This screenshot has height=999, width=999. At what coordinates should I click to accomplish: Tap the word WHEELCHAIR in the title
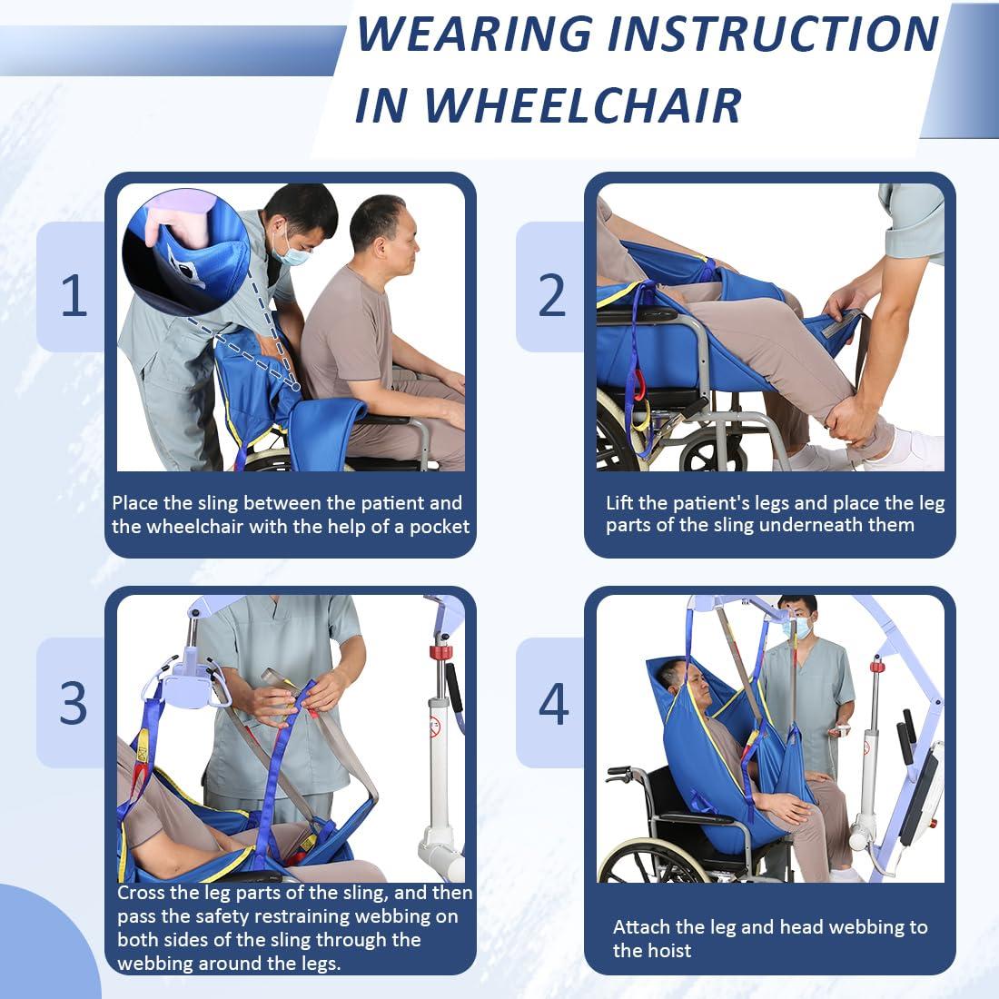point(583,104)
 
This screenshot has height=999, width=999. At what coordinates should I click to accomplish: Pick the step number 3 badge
point(74,702)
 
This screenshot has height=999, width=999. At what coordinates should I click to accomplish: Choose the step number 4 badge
point(552,702)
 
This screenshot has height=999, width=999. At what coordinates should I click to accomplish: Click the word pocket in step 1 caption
point(440,527)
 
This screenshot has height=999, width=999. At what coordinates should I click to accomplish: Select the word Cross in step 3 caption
point(141,893)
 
